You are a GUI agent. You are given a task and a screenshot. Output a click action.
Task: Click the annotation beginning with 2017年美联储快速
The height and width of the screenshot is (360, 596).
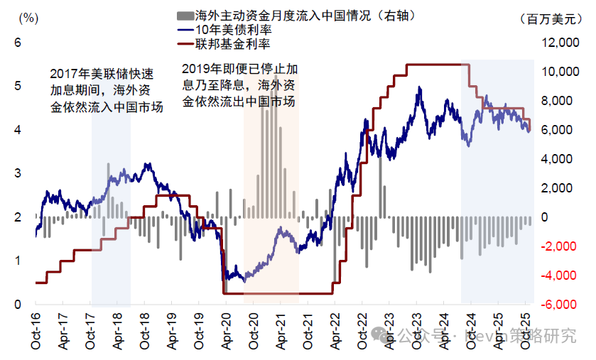click(107, 91)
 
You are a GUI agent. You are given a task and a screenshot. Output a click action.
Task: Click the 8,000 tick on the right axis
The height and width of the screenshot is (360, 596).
click(561, 102)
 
